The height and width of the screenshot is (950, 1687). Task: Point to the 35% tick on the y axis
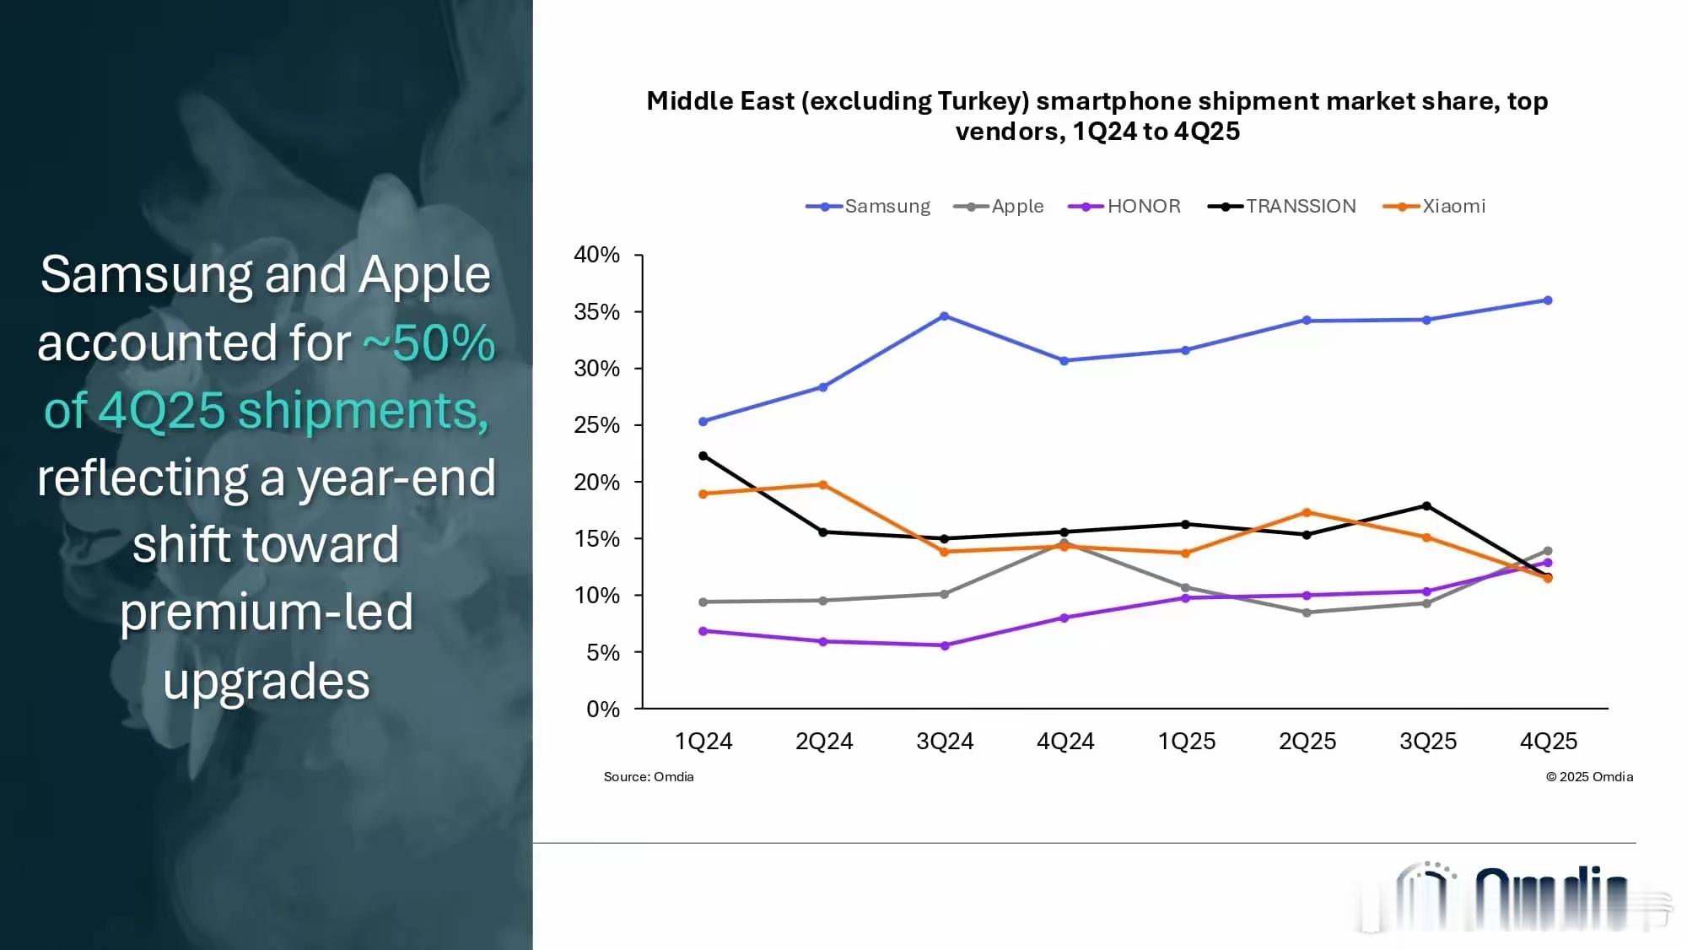(597, 312)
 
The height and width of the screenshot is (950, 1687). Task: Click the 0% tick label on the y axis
(602, 710)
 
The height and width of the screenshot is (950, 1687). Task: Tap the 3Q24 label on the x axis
(945, 742)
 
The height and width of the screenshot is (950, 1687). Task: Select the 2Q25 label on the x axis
(1307, 742)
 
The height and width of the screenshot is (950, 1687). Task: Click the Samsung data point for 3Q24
(944, 316)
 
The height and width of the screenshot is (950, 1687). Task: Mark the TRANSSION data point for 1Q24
(703, 456)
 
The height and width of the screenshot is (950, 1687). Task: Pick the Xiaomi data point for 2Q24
(823, 485)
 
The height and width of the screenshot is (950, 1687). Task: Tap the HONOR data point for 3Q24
(945, 645)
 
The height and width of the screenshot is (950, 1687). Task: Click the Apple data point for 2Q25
(1307, 613)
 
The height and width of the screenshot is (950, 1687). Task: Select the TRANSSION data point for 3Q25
(1426, 506)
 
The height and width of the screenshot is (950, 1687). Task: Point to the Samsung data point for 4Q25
(1548, 300)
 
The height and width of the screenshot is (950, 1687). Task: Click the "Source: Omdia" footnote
(649, 777)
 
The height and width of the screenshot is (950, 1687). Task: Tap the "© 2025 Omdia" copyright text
(1589, 777)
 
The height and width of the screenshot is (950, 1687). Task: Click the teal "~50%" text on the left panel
(429, 343)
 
